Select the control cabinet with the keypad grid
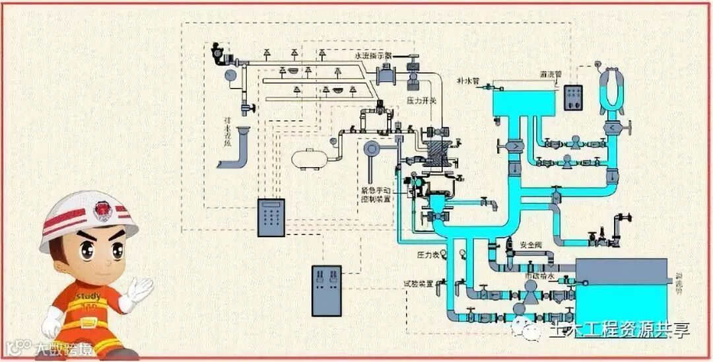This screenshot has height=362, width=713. [x=271, y=217]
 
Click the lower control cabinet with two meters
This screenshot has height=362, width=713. [x=326, y=290]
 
